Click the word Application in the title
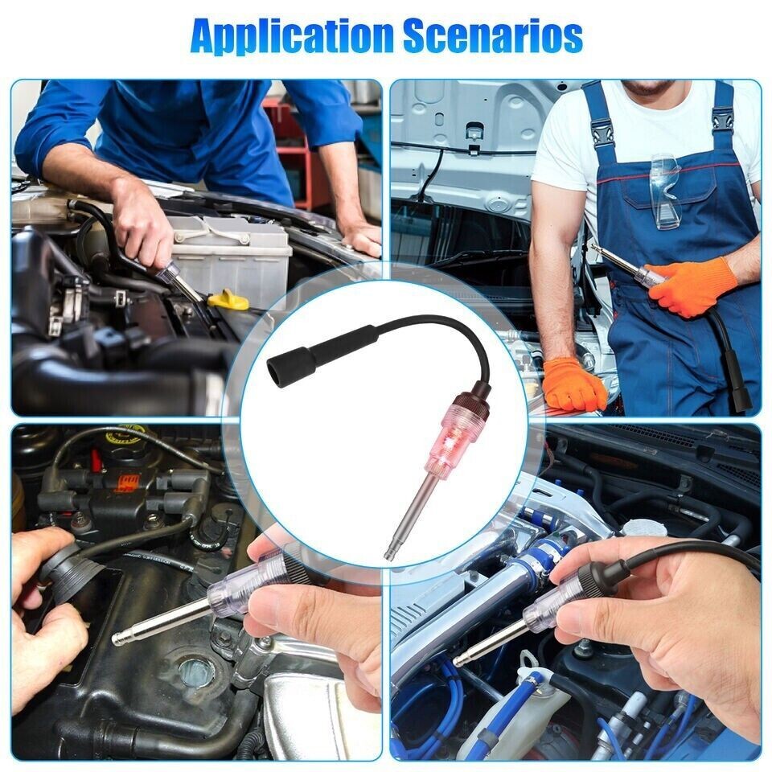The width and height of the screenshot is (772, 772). tap(289, 35)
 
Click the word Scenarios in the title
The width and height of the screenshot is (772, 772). tap(492, 35)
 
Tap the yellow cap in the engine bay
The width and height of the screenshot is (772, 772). tap(228, 299)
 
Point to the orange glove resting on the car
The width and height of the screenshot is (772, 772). tap(573, 384)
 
